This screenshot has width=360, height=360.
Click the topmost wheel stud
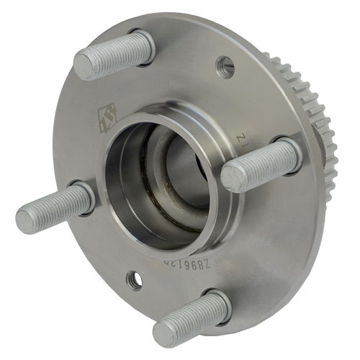(115, 55)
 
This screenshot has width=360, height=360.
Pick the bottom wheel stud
(191, 317)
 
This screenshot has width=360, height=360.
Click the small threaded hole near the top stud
(225, 67)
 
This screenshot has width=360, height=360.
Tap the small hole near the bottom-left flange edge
(133, 279)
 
